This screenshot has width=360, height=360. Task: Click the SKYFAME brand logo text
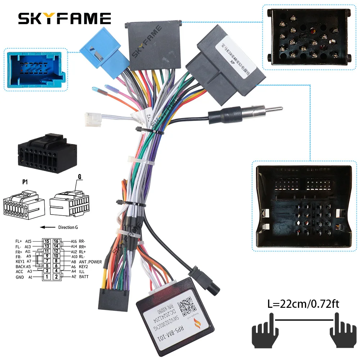pyautogui.click(x=65, y=18)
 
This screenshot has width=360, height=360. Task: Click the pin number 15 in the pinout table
pyautogui.click(x=47, y=241)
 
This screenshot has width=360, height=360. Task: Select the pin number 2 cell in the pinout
pyautogui.click(x=57, y=277)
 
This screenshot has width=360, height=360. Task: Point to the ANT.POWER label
pyautogui.click(x=90, y=262)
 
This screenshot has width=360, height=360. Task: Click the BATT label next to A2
pyautogui.click(x=84, y=277)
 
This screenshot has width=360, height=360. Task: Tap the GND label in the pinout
pyautogui.click(x=20, y=277)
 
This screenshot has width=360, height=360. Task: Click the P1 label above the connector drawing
pyautogui.click(x=25, y=182)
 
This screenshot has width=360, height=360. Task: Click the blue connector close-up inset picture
pyautogui.click(x=35, y=70)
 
